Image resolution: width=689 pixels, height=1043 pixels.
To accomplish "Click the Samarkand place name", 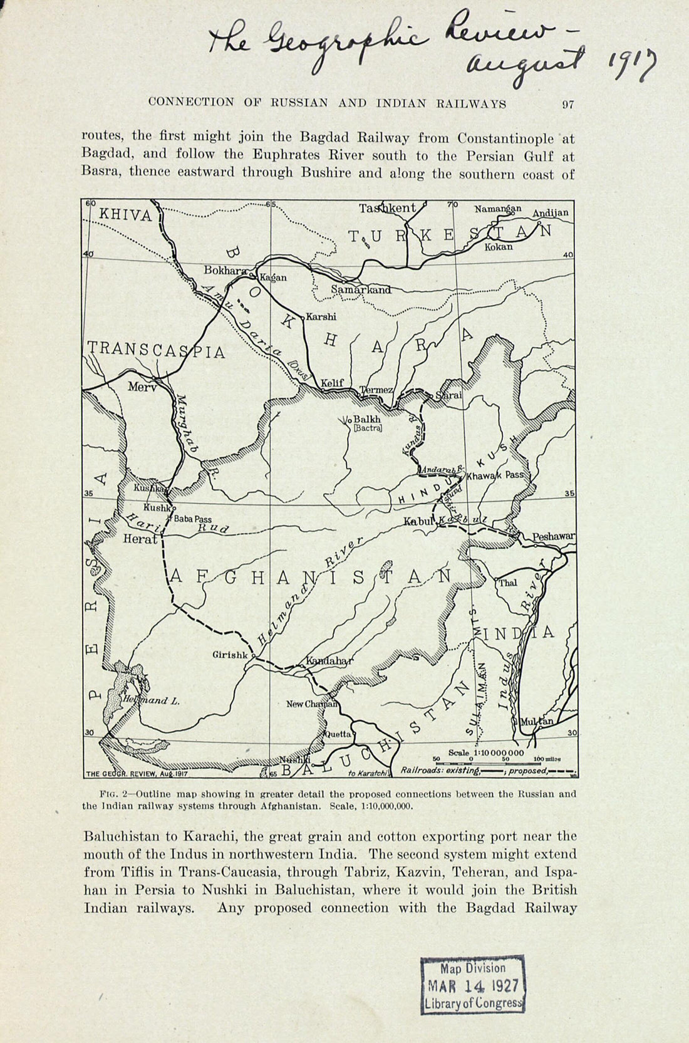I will [361, 289].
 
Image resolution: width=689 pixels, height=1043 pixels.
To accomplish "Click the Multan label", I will [537, 722].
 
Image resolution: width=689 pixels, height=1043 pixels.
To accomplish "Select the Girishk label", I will [231, 655].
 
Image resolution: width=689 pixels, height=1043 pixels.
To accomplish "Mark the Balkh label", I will [367, 420].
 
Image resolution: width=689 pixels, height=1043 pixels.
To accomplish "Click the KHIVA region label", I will [125, 215].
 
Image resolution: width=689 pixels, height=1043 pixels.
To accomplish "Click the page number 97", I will [567, 105].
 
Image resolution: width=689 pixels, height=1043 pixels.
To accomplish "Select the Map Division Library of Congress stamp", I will [472, 985].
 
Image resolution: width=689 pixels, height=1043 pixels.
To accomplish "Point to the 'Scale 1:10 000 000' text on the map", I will [486, 752].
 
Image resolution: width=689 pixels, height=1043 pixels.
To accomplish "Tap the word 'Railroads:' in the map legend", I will [422, 771].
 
